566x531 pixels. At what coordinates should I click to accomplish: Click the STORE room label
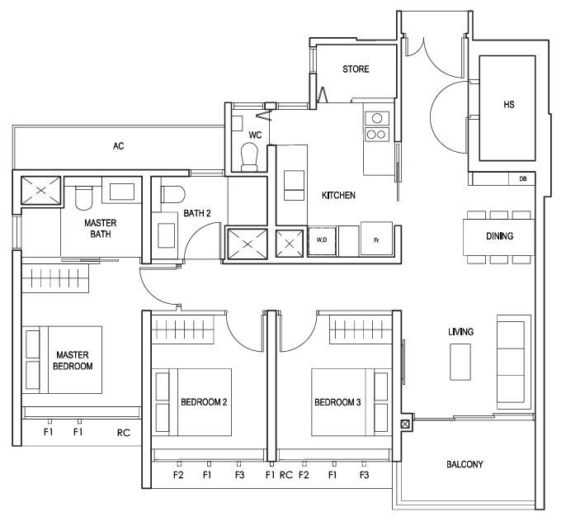pos(356,69)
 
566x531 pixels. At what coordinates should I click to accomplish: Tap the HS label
pos(508,105)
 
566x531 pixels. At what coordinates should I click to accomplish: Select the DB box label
pos(523,179)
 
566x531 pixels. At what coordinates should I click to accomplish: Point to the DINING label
pos(500,236)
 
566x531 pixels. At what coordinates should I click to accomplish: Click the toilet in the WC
pos(249,157)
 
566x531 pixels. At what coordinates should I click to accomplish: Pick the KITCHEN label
pos(338,196)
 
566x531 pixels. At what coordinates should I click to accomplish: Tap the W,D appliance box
pos(322,241)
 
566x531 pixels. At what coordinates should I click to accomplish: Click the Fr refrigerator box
pos(376,239)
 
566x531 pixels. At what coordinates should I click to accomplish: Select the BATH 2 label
pos(196,214)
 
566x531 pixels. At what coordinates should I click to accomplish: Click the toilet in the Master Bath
pos(84,197)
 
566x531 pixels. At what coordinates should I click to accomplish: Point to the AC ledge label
pos(119,146)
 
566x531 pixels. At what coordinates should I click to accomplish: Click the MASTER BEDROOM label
pos(73,361)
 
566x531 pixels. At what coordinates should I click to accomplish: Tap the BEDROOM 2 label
pos(204,402)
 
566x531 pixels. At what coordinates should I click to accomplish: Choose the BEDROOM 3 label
pos(337,402)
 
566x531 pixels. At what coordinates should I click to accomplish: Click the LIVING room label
pos(460,332)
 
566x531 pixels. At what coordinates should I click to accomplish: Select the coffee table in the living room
pos(460,362)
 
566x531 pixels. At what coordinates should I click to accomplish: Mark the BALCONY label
pos(465,464)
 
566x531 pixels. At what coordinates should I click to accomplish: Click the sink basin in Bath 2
pos(167,235)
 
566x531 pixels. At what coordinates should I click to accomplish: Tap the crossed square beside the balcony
pos(405,424)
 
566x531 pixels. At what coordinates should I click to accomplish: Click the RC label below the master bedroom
pos(124,433)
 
